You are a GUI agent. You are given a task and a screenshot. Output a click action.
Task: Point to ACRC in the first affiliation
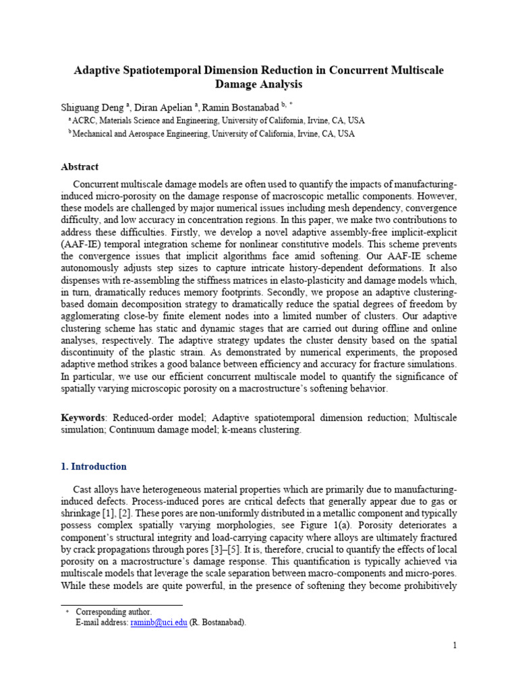click(85, 120)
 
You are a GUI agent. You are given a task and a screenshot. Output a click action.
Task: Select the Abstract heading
click(80, 166)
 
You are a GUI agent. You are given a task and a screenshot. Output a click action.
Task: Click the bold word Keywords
click(83, 418)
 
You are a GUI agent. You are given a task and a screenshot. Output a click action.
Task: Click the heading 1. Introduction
click(94, 466)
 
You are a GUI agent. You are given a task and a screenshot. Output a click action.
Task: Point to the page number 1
click(455, 646)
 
